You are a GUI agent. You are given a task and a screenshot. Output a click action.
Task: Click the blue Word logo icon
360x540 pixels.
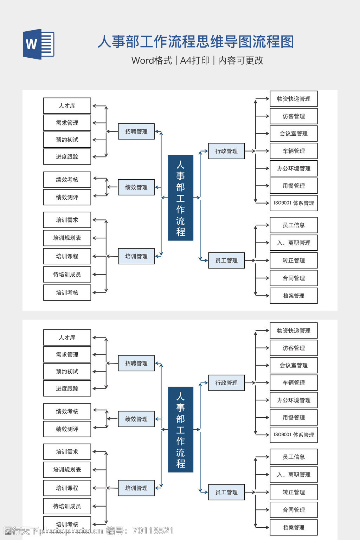click(39, 44)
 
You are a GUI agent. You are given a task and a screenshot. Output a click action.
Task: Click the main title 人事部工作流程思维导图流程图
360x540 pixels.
click(195, 42)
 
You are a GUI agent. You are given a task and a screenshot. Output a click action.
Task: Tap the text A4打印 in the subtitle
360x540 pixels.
click(195, 60)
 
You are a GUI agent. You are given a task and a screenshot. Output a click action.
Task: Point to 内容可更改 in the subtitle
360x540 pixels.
click(241, 60)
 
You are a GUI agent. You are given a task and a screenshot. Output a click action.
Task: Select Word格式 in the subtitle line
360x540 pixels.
click(152, 60)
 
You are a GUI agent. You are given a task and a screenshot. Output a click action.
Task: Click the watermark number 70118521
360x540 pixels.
click(153, 531)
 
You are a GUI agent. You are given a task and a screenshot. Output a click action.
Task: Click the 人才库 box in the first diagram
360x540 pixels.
click(67, 106)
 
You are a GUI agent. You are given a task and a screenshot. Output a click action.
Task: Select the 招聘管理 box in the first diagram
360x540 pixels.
click(136, 131)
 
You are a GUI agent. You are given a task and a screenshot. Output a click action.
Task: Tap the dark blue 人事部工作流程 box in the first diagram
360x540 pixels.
click(181, 198)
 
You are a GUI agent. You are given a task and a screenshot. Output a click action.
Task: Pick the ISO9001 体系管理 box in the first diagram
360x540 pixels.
click(294, 203)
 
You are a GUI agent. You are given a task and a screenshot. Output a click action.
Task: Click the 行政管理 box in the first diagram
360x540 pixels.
click(226, 151)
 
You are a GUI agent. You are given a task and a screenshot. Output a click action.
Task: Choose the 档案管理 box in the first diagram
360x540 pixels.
click(294, 296)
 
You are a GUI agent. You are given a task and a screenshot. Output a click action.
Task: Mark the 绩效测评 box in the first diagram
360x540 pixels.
click(67, 197)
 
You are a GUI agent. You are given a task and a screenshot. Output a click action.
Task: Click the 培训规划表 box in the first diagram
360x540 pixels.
click(67, 238)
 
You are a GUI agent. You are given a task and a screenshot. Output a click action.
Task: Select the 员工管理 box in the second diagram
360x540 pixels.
click(226, 492)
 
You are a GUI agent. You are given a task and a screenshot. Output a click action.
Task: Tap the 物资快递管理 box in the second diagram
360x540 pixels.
click(294, 330)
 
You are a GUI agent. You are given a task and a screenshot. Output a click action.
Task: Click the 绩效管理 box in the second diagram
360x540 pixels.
click(136, 419)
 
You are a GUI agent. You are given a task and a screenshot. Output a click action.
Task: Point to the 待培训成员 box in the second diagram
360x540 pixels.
click(67, 506)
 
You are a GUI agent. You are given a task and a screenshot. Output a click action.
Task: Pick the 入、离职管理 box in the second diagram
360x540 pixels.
click(294, 475)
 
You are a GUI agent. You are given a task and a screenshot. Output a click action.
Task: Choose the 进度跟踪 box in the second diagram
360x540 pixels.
click(67, 388)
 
